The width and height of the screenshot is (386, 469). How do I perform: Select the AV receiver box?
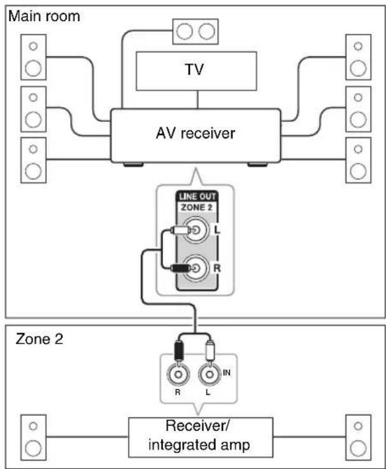click(x=195, y=135)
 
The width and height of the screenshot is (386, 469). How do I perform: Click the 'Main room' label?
click(x=44, y=16)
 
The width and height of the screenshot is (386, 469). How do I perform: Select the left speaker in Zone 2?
click(x=33, y=437)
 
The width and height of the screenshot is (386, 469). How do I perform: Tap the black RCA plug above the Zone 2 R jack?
click(x=180, y=350)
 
